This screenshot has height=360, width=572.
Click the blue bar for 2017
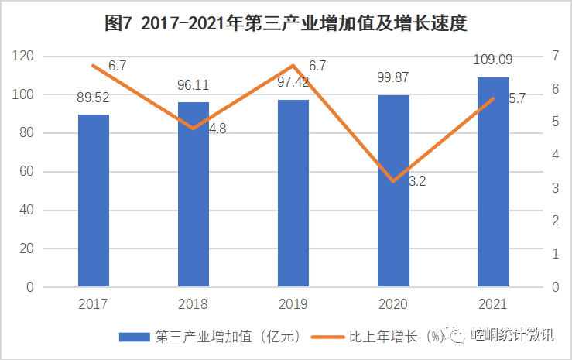coord(94,201)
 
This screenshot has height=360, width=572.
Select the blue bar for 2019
coord(293,193)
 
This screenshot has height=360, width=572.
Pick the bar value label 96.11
coord(194,86)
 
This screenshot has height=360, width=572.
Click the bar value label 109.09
coord(493,59)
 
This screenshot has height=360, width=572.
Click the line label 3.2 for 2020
coord(417,182)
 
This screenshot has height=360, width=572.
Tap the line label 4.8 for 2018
coord(217,129)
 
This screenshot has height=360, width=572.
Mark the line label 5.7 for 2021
coord(516,98)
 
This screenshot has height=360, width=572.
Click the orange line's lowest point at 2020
coord(393,181)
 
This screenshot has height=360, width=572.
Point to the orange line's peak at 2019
coord(293,66)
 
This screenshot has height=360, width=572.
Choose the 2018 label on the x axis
coord(194,304)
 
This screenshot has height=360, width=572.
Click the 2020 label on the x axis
coord(393,304)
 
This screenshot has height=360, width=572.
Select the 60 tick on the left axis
coord(26,172)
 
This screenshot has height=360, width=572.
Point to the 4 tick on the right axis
coord(555,155)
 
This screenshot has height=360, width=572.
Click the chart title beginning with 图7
coord(286,23)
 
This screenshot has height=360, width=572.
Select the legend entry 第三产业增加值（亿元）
coord(209,336)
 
